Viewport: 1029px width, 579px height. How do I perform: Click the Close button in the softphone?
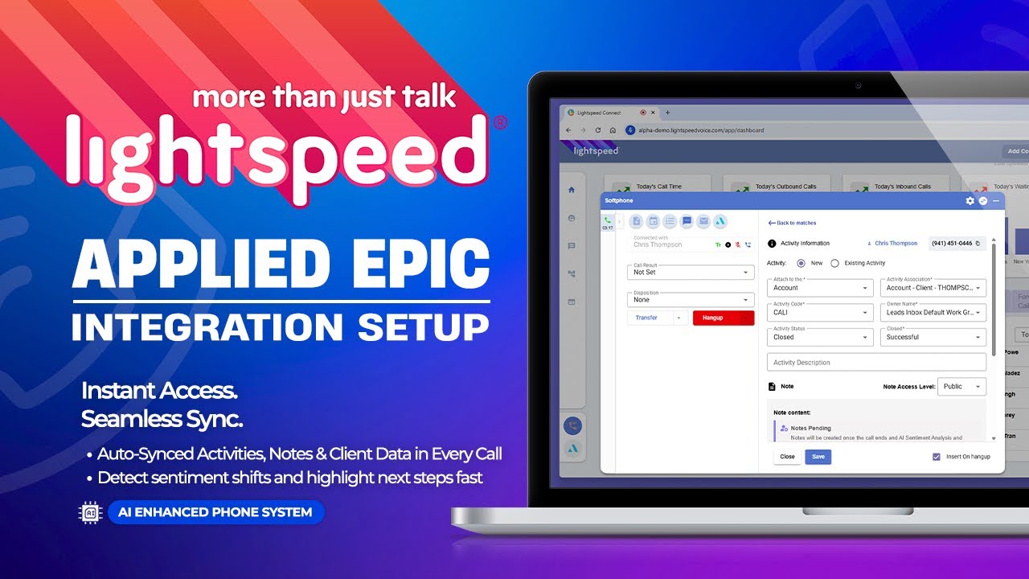[787, 457]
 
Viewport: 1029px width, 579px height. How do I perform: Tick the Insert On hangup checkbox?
[937, 457]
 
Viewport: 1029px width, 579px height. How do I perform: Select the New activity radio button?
[801, 263]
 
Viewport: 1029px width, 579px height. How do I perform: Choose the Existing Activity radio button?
[834, 263]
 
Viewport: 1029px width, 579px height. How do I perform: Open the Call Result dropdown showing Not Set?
[690, 272]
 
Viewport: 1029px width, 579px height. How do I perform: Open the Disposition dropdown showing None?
[690, 300]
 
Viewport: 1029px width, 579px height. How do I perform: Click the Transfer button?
[646, 318]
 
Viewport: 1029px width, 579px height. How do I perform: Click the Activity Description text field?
[876, 363]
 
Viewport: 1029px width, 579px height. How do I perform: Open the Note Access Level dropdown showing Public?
[962, 387]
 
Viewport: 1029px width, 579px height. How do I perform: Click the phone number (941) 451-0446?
[953, 243]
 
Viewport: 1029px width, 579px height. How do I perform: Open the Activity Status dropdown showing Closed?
[820, 337]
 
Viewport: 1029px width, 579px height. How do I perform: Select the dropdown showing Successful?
[933, 337]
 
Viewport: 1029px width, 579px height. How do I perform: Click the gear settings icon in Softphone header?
[970, 200]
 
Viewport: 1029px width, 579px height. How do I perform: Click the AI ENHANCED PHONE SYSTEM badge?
[215, 512]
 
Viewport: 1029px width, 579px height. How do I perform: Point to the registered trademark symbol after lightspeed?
[499, 123]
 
